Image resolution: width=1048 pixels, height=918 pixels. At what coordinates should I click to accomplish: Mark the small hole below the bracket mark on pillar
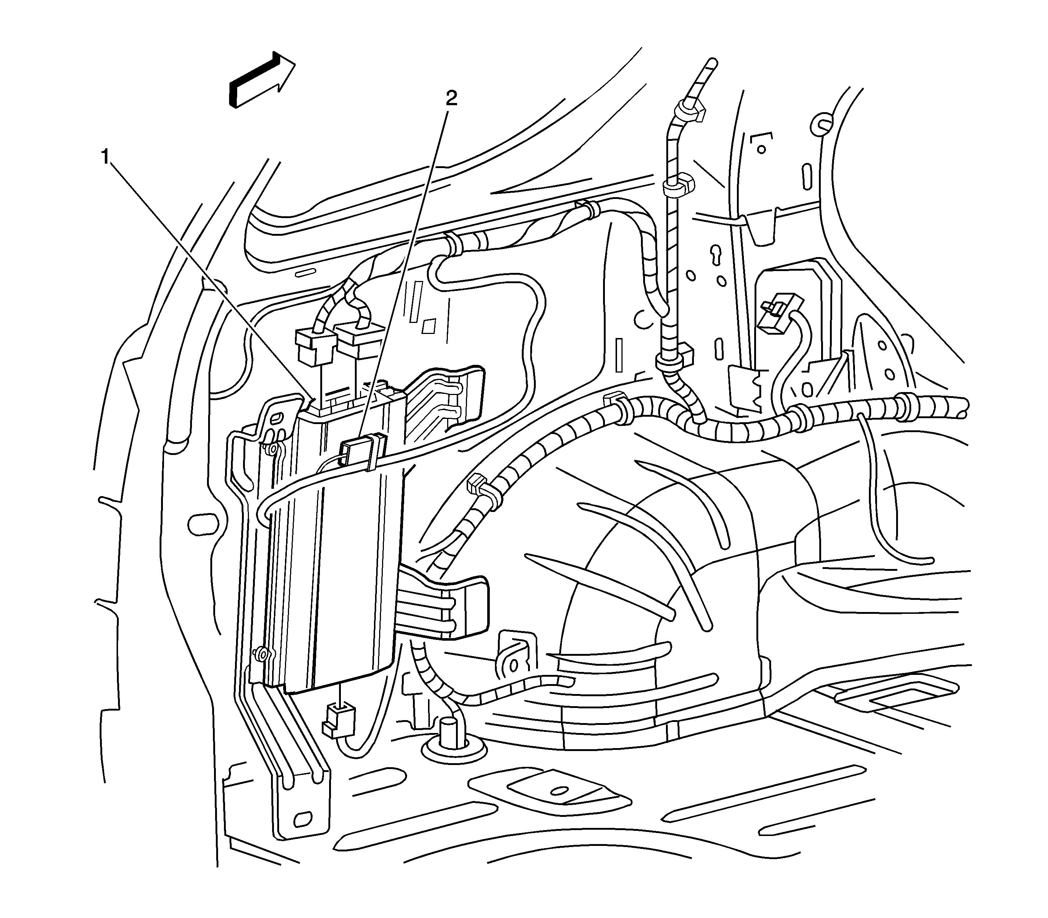pos(762,150)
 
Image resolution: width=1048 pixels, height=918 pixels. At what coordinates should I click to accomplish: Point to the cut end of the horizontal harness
pos(963,407)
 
